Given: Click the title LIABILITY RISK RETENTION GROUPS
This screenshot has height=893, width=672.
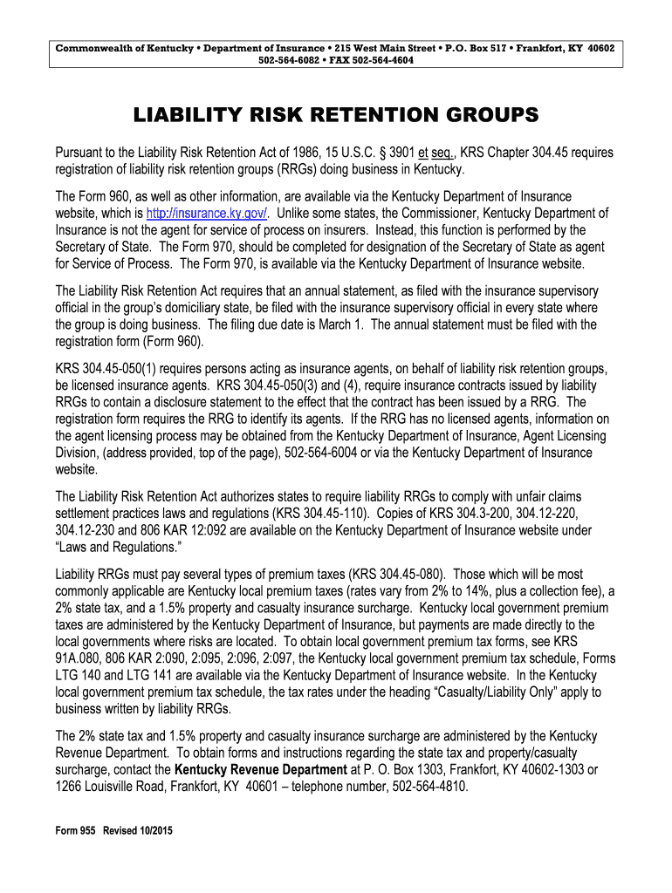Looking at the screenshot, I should [336, 115].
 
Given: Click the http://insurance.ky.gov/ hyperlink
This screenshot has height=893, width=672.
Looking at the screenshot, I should [207, 214].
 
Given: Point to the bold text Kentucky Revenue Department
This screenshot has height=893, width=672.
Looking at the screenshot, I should [261, 769].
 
